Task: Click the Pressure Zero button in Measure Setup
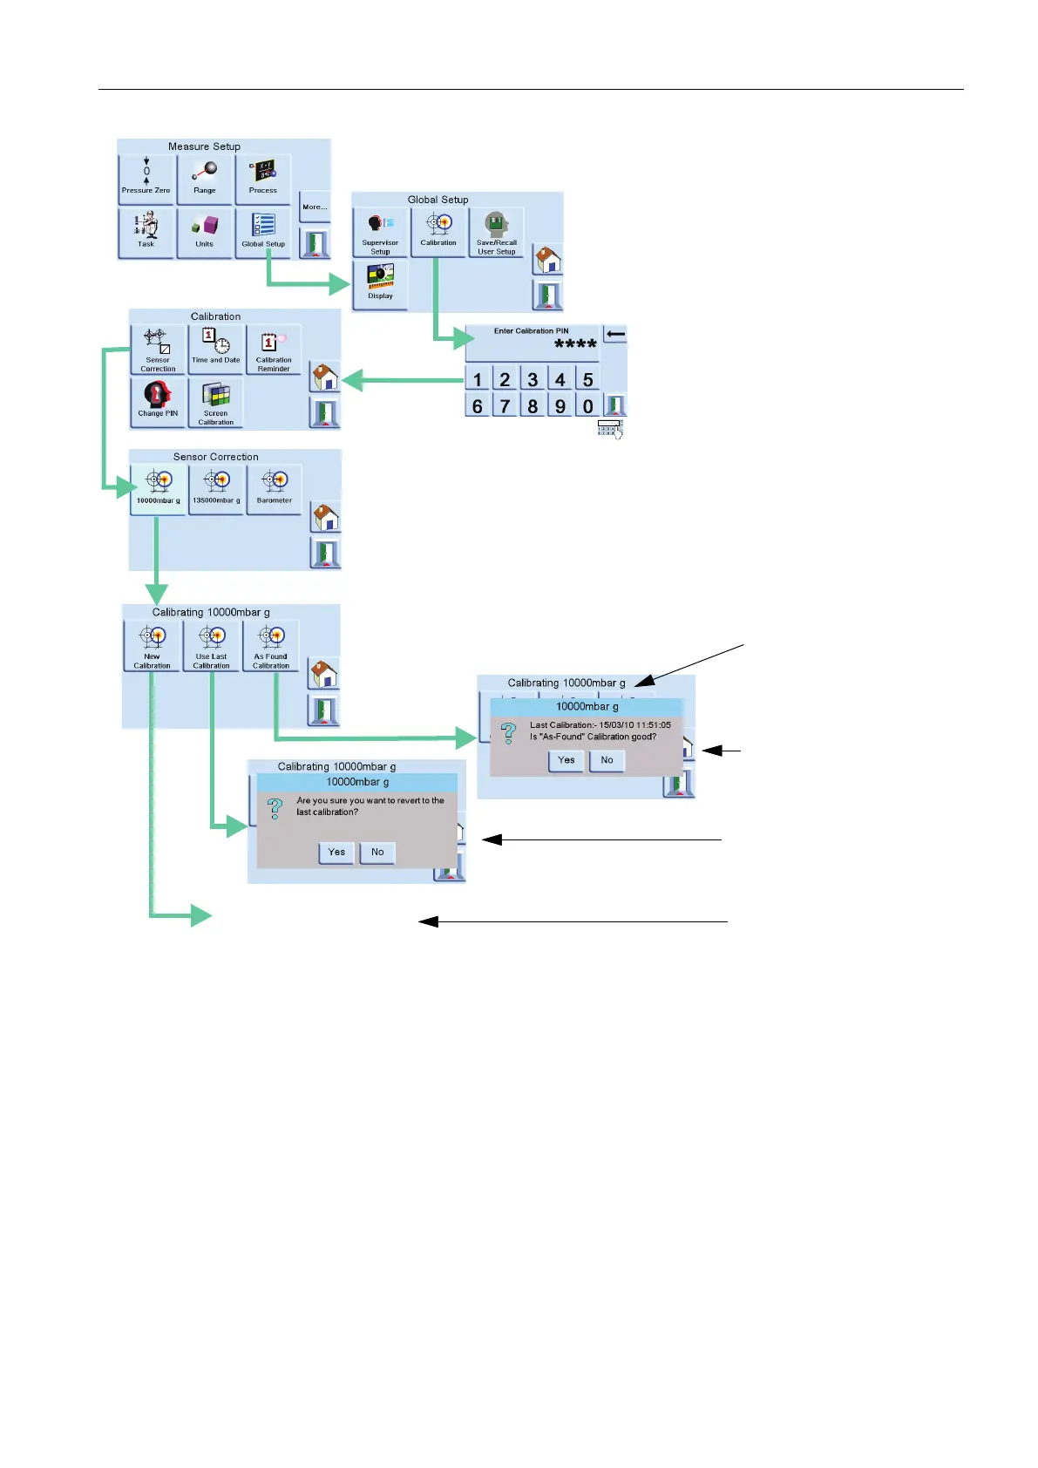point(146,179)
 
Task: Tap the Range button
point(205,179)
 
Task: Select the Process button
point(263,179)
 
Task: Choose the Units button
point(205,232)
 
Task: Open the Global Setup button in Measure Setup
point(263,232)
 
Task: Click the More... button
point(315,207)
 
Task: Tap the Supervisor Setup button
point(381,232)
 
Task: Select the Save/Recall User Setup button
point(497,232)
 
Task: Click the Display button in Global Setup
point(381,283)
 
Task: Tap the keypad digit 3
point(533,379)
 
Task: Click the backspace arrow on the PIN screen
point(615,334)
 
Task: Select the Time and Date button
point(216,349)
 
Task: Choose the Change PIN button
point(158,401)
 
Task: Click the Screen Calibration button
point(216,403)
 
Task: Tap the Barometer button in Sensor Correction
point(275,488)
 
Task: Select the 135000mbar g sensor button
point(216,488)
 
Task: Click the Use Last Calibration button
point(212,645)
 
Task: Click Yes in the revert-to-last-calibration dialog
point(336,852)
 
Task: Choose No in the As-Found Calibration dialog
point(607,760)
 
